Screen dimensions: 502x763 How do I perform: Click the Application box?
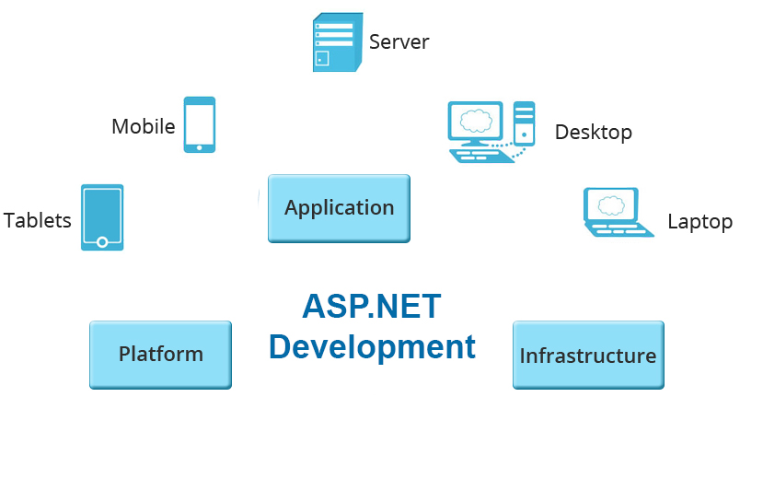pyautogui.click(x=339, y=208)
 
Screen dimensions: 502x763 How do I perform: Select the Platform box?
pyautogui.click(x=160, y=355)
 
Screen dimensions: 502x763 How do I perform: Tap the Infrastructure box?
pyautogui.click(x=587, y=356)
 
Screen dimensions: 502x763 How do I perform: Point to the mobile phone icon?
pyautogui.click(x=199, y=124)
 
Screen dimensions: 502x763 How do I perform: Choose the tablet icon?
pyautogui.click(x=102, y=217)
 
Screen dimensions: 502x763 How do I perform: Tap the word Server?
pyautogui.click(x=399, y=41)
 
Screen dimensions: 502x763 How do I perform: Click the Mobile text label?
pyautogui.click(x=144, y=126)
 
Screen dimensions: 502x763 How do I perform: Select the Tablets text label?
pyautogui.click(x=38, y=220)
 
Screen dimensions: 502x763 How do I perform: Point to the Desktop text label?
pyautogui.click(x=593, y=133)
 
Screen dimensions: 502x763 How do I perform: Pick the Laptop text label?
pyautogui.click(x=699, y=222)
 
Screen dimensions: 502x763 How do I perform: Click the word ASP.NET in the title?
pyautogui.click(x=372, y=307)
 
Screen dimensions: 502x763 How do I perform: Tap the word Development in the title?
pyautogui.click(x=372, y=347)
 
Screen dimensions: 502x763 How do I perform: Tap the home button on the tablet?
pyautogui.click(x=102, y=242)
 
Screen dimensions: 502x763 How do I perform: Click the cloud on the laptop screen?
pyautogui.click(x=610, y=204)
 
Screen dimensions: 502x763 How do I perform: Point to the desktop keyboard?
pyautogui.click(x=480, y=156)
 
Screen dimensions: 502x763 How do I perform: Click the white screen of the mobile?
pyautogui.click(x=199, y=122)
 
